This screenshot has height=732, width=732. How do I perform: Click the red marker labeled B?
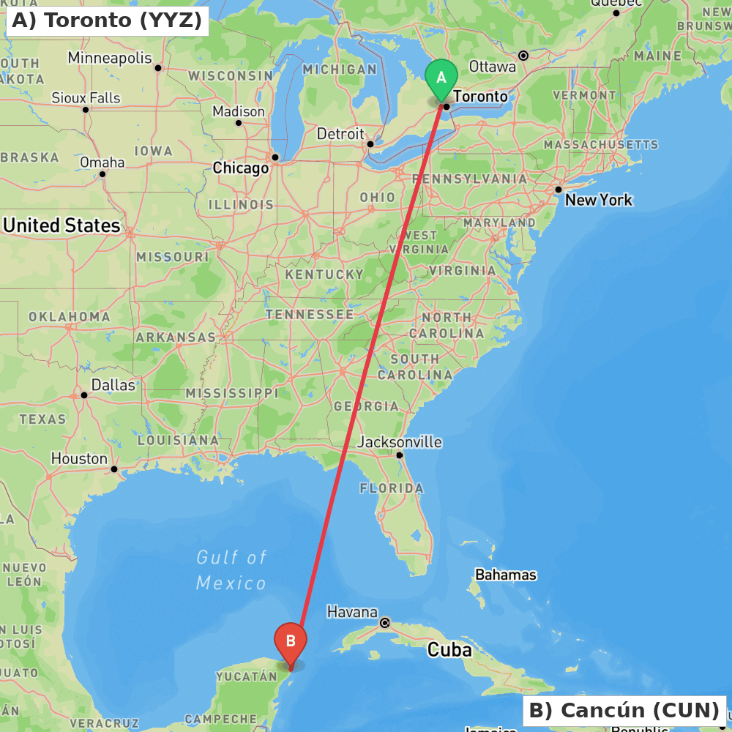tap(291, 642)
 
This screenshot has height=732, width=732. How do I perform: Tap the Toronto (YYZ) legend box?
tap(107, 20)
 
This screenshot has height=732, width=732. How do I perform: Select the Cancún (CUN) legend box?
tap(624, 710)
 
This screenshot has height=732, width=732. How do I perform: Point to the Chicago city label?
tap(241, 168)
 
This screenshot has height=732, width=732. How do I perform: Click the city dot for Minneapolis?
tap(158, 68)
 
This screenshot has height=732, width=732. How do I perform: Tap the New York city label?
tap(599, 200)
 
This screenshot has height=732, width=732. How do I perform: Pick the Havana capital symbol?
tap(384, 623)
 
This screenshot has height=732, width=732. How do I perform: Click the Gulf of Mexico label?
tap(231, 570)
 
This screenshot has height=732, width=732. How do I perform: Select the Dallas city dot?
tap(84, 395)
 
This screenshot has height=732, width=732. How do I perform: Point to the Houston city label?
tap(79, 459)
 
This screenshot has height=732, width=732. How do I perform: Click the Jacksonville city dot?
tap(400, 455)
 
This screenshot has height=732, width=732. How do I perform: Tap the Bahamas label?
tap(506, 575)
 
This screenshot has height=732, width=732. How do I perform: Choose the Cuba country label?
tap(449, 650)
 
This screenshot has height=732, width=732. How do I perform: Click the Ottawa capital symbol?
tap(523, 56)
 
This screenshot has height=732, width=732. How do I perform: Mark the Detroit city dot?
tap(370, 144)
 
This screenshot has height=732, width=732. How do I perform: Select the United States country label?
tap(61, 225)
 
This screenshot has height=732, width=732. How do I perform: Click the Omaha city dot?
tap(102, 173)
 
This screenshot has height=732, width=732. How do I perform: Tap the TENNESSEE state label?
tap(310, 315)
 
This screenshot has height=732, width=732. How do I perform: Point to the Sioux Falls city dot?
tap(86, 110)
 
